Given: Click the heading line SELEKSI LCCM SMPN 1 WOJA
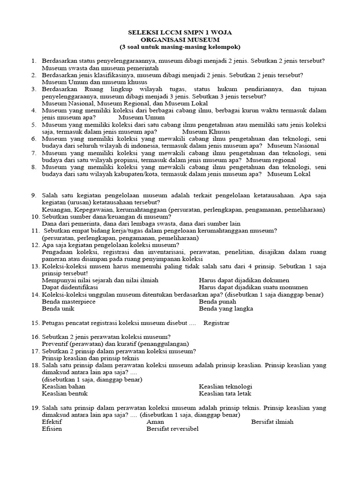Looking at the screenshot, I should point(180,32).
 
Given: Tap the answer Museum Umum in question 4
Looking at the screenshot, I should point(142,118).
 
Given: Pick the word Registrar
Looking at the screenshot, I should point(217,323).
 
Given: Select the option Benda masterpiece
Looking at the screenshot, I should point(68,301).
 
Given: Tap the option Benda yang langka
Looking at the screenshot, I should point(226,308).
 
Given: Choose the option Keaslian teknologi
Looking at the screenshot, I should point(225,386).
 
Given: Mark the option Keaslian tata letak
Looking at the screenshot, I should point(225,393).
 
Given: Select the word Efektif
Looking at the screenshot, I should point(52,421).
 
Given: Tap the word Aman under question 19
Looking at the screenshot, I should point(155,421).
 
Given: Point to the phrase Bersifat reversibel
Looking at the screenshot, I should point(172,428).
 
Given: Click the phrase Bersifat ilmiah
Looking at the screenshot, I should point(272,421).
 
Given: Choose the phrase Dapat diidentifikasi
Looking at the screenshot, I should point(70,287).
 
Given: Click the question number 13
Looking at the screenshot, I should point(36,266).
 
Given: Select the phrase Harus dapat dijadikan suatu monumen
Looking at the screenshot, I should point(253,287).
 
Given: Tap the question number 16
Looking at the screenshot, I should point(36,337).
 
